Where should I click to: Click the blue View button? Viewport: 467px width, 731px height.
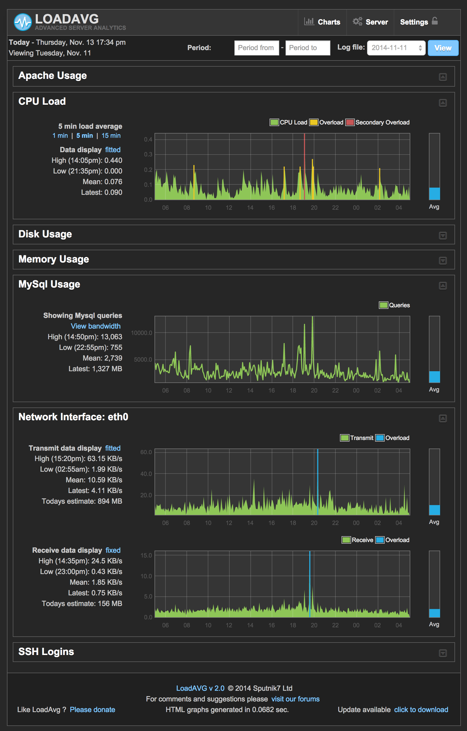[443, 48]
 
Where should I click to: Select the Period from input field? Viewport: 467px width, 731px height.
[256, 48]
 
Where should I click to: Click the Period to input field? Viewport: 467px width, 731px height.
[307, 48]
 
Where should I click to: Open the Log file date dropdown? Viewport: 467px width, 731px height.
[396, 48]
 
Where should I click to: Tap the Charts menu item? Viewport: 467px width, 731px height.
[322, 22]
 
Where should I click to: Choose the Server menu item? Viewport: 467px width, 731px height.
[370, 22]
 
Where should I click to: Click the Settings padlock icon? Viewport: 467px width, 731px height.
[435, 21]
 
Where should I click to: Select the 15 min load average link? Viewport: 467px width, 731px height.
[111, 136]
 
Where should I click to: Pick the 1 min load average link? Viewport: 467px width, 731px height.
[60, 136]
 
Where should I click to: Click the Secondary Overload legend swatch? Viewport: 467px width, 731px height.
[350, 122]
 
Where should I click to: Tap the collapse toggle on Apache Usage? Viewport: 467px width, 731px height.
[443, 77]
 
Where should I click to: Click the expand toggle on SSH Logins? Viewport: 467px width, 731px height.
[443, 653]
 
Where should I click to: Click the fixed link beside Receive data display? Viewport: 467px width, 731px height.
[113, 550]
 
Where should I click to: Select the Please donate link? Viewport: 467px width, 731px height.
[92, 710]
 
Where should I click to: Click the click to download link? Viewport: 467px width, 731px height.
[421, 710]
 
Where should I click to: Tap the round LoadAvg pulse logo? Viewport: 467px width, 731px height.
[23, 22]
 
